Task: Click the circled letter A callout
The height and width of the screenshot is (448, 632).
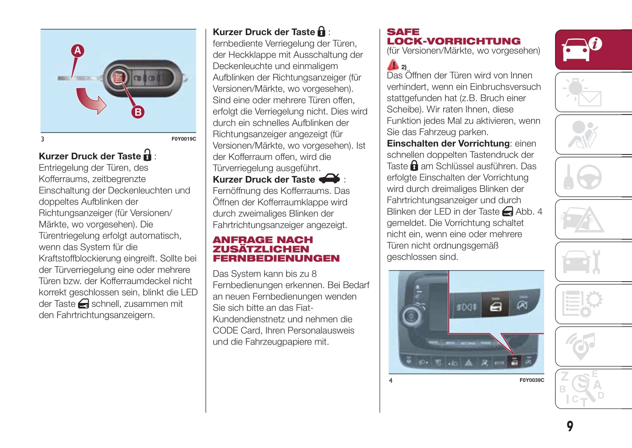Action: pos(78,50)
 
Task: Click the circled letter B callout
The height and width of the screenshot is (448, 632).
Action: pos(138,112)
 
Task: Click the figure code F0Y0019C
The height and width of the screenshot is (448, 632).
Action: pos(183,139)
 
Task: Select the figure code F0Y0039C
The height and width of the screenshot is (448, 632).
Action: pos(532,380)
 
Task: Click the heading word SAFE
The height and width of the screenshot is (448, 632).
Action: pos(403,32)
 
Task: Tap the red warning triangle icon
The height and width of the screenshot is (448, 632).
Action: pos(393,65)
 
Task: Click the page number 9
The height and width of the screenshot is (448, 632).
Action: pos(570,426)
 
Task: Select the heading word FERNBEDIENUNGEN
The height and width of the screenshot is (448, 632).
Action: pos(276,258)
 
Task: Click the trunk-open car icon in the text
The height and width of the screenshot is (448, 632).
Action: pos(329,179)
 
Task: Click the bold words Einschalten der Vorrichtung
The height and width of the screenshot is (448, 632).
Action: pos(448,143)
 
